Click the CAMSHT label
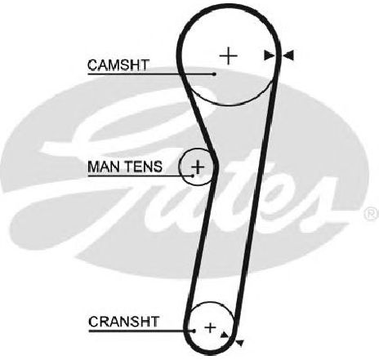pyautogui.click(x=118, y=65)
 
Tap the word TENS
pyautogui.click(x=145, y=167)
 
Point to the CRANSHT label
pyautogui.click(x=123, y=322)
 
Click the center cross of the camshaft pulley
pyautogui.click(x=228, y=56)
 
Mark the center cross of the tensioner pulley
pyautogui.click(x=198, y=167)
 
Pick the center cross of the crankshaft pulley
pyautogui.click(x=210, y=327)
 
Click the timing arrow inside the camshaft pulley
pyautogui.click(x=269, y=56)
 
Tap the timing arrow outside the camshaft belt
pyautogui.click(x=288, y=56)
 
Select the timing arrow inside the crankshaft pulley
pyautogui.click(x=224, y=335)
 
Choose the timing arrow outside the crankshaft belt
pyautogui.click(x=240, y=343)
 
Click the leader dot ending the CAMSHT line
pyautogui.click(x=215, y=73)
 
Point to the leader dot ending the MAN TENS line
pyautogui.click(x=193, y=176)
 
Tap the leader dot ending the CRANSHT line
pyautogui.click(x=194, y=331)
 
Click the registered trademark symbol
pyautogui.click(x=371, y=214)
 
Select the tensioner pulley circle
pyautogui.click(x=179, y=167)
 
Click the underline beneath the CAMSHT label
pyautogui.click(x=151, y=73)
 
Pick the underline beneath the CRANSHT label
pyautogui.click(x=141, y=331)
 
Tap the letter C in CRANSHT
pyautogui.click(x=93, y=322)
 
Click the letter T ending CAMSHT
pyautogui.click(x=145, y=65)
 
